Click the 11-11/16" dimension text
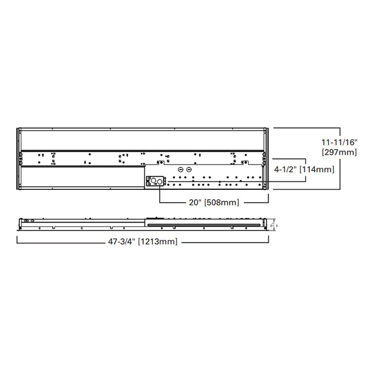click(338, 142)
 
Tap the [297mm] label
click(338, 152)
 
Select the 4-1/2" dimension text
click(286, 169)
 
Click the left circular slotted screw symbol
click(180, 170)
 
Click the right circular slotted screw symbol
click(189, 170)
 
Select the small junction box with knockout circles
click(156, 181)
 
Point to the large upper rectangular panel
click(142, 140)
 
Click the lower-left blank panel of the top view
click(81, 178)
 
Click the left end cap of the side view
click(20, 224)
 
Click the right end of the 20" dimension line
click(268, 202)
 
